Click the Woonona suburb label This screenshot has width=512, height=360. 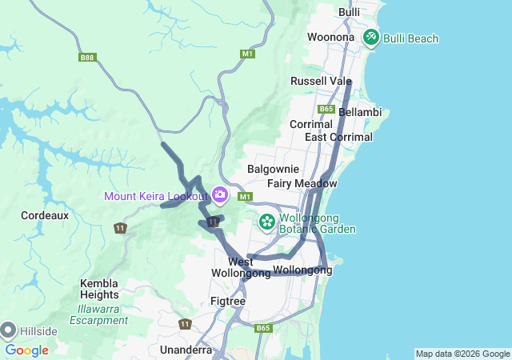click(x=330, y=37)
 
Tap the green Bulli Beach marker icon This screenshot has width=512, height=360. click(x=371, y=37)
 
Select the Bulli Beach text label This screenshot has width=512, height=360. click(x=411, y=38)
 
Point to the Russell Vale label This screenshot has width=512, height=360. click(x=321, y=81)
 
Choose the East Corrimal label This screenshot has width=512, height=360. click(x=338, y=137)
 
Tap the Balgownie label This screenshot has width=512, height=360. click(x=273, y=169)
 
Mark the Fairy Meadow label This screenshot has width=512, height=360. click(x=302, y=183)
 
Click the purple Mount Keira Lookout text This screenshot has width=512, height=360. click(x=155, y=196)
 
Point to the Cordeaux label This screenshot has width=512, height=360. click(x=45, y=215)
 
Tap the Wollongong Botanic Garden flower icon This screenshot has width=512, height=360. click(x=266, y=220)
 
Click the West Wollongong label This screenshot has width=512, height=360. click(x=241, y=267)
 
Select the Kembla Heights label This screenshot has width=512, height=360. click(x=99, y=290)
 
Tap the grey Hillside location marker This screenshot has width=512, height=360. click(x=9, y=330)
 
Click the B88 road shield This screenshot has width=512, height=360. click(x=88, y=58)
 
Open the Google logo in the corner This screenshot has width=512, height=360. click(x=27, y=350)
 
